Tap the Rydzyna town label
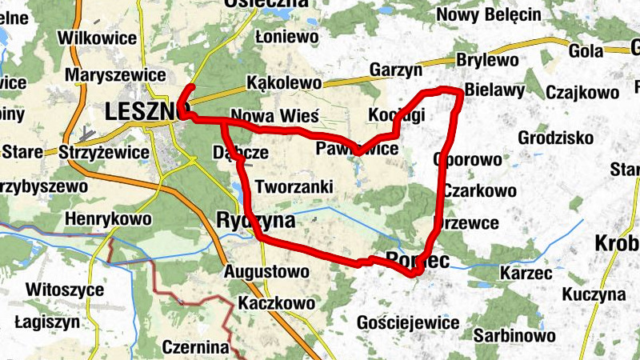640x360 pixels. (x=255, y=220)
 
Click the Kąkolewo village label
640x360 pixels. (x=284, y=82)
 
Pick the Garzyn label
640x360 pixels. (x=396, y=70)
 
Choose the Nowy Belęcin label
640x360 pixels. (x=489, y=15)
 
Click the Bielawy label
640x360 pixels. (x=494, y=88)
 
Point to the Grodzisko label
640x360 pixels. (x=554, y=138)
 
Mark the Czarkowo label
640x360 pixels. (x=479, y=190)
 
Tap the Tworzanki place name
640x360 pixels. (x=294, y=186)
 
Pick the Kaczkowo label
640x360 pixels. (x=276, y=303)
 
